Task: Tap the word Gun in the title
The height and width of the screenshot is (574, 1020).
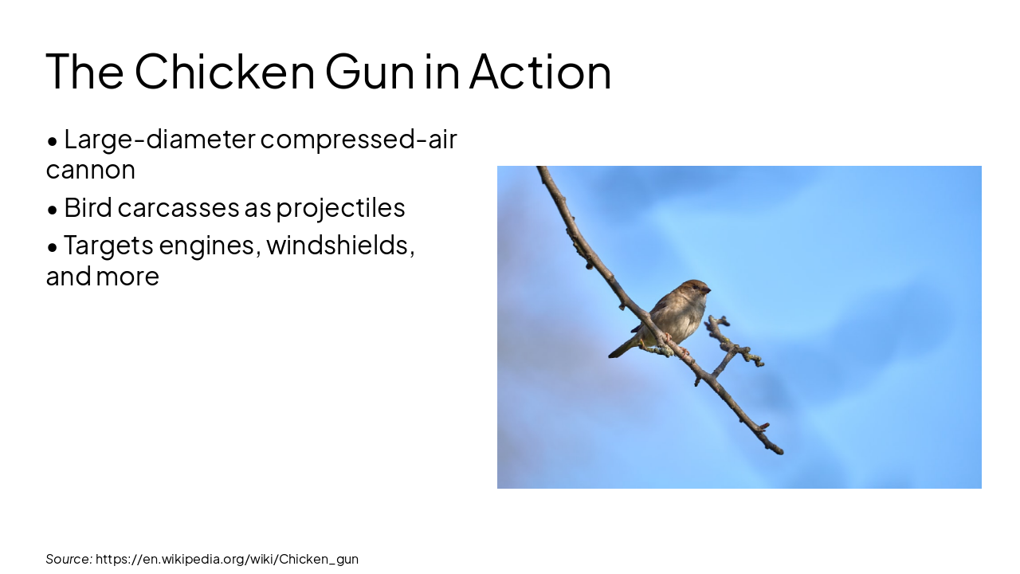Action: pyautogui.click(x=370, y=71)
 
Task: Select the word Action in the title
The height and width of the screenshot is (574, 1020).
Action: pyautogui.click(x=540, y=71)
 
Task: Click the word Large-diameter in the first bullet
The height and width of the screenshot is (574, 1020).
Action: pyautogui.click(x=159, y=139)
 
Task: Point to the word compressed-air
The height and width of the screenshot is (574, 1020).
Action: pyautogui.click(x=359, y=140)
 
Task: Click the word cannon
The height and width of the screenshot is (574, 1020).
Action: pyautogui.click(x=90, y=170)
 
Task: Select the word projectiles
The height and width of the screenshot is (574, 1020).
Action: pyautogui.click(x=341, y=208)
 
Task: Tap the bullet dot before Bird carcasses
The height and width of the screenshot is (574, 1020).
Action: pyautogui.click(x=53, y=210)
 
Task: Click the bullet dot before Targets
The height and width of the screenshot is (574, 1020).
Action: pyautogui.click(x=53, y=247)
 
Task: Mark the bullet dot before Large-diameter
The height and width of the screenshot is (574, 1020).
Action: pyautogui.click(x=53, y=141)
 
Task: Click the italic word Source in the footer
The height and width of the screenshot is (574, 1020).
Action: pyautogui.click(x=69, y=559)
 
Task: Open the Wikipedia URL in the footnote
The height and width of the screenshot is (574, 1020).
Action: pyautogui.click(x=227, y=559)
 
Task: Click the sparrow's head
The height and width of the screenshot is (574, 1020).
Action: pyautogui.click(x=695, y=289)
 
